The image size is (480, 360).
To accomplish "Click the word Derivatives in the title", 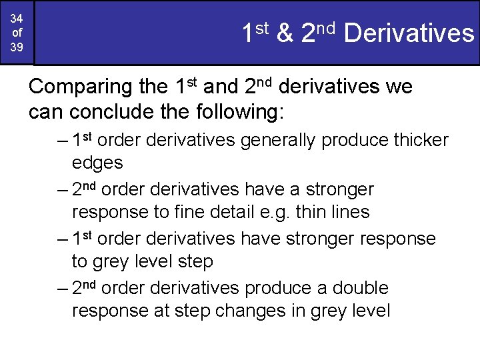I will (409, 33).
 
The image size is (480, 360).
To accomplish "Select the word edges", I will (97, 163).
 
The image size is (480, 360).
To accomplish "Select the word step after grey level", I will (195, 262).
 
